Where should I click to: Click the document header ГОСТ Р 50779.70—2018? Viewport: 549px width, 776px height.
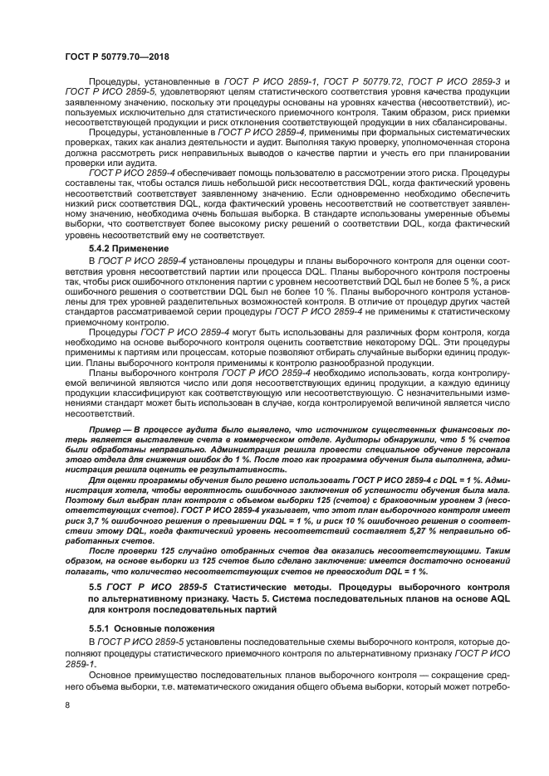[x=113, y=56]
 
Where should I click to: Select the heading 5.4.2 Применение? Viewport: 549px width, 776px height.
[x=127, y=249]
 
